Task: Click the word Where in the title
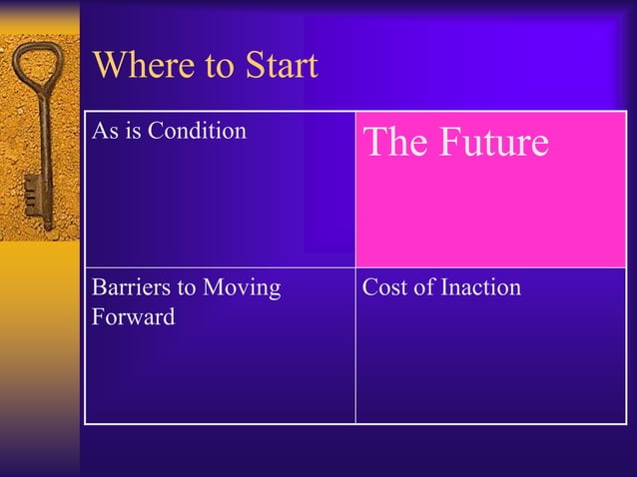135,67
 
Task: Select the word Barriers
129,288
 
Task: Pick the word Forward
133,317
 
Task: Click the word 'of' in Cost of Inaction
422,288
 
